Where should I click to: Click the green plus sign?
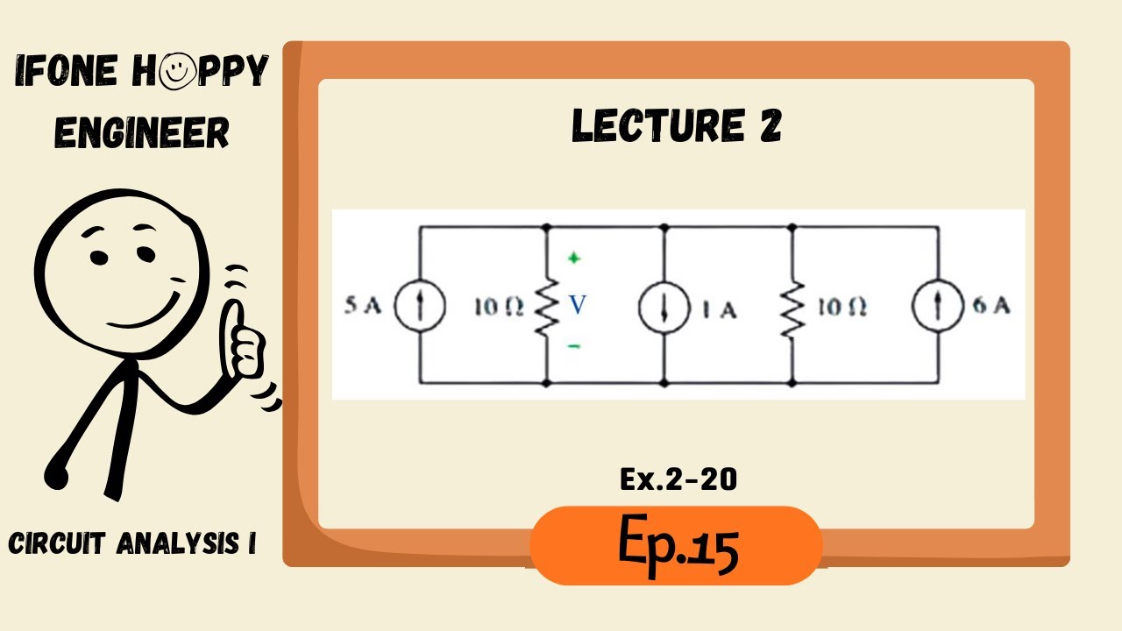574,259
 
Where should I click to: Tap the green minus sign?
574,347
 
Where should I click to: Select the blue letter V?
576,305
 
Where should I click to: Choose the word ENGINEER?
142,133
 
